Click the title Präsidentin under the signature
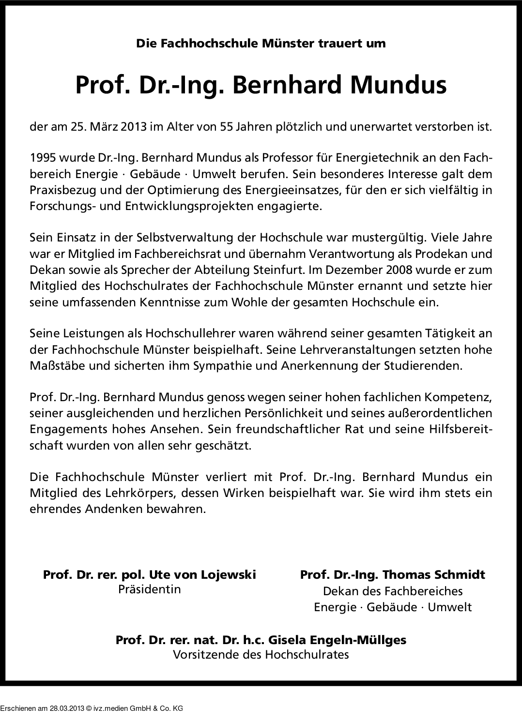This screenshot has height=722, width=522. [x=150, y=589]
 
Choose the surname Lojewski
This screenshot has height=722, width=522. [x=228, y=574]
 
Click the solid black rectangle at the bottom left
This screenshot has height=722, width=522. [x=92, y=703]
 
